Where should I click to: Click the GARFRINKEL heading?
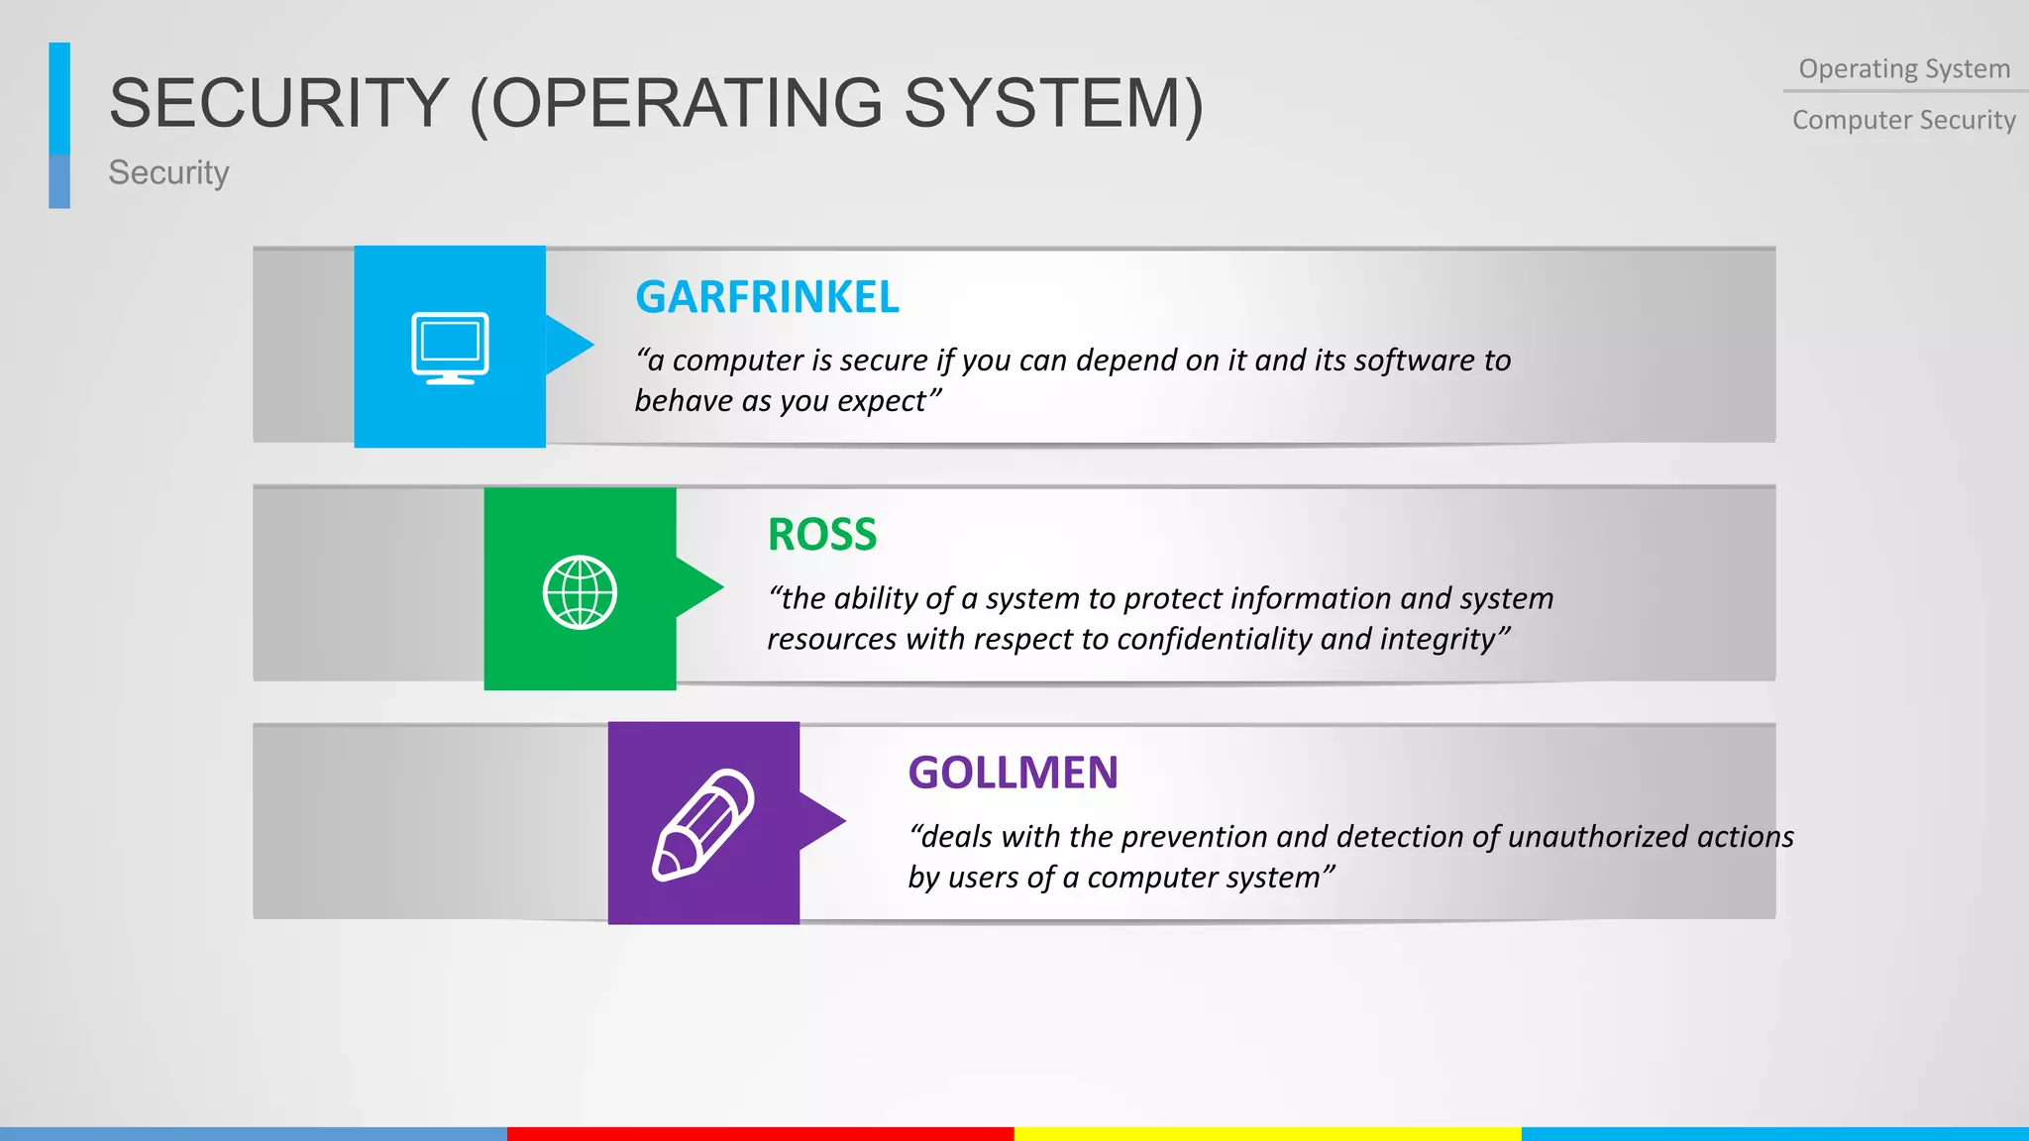(767, 297)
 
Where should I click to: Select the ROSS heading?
(822, 535)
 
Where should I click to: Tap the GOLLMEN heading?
(1013, 773)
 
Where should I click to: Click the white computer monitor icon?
(450, 348)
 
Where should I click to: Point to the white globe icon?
(580, 591)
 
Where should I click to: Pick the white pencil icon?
(702, 824)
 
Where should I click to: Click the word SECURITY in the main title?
(278, 103)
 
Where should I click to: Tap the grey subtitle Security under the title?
(168, 172)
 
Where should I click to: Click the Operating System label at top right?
(1904, 69)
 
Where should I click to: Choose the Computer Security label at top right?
(1904, 120)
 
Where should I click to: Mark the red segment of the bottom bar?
(760, 1133)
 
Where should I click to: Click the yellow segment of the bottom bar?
(1267, 1133)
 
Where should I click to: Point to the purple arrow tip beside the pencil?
(825, 820)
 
